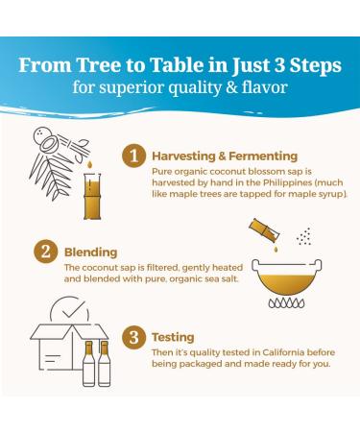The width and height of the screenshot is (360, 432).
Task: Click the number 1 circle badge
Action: pos(133,156)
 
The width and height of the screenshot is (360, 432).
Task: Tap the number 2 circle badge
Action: pos(46,252)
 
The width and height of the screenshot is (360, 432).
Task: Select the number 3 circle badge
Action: pos(133,337)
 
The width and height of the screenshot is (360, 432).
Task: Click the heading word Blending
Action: pos(91,252)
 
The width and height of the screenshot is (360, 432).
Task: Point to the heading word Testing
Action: pos(173,338)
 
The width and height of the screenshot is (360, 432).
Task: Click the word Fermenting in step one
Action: pos(263,156)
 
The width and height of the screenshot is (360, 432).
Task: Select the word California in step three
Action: pos(283,352)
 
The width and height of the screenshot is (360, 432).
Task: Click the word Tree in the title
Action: pos(99,64)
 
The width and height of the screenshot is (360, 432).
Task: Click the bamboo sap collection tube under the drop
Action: pos(92,196)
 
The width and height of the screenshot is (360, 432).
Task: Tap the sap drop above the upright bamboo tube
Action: pos(89,165)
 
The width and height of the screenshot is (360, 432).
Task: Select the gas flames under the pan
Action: pos(286,302)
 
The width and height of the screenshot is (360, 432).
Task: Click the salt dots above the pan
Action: pos(304,237)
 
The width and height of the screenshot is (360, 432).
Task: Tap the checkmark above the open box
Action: pos(73,309)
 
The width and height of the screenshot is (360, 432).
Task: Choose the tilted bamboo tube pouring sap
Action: pos(264,230)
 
